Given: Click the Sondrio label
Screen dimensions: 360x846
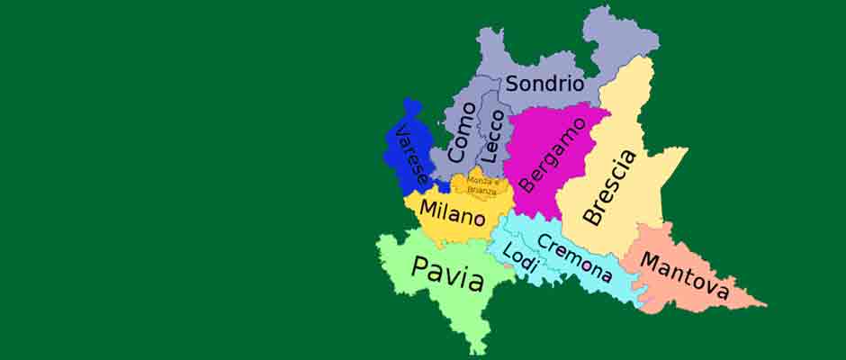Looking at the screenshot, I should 545,85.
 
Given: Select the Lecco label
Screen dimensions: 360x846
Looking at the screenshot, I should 491,137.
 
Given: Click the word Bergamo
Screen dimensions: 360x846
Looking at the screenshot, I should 541,154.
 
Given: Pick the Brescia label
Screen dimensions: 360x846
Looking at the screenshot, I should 610,187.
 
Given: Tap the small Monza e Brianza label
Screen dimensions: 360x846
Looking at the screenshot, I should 481,186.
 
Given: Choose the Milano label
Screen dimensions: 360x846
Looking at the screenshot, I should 453,213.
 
